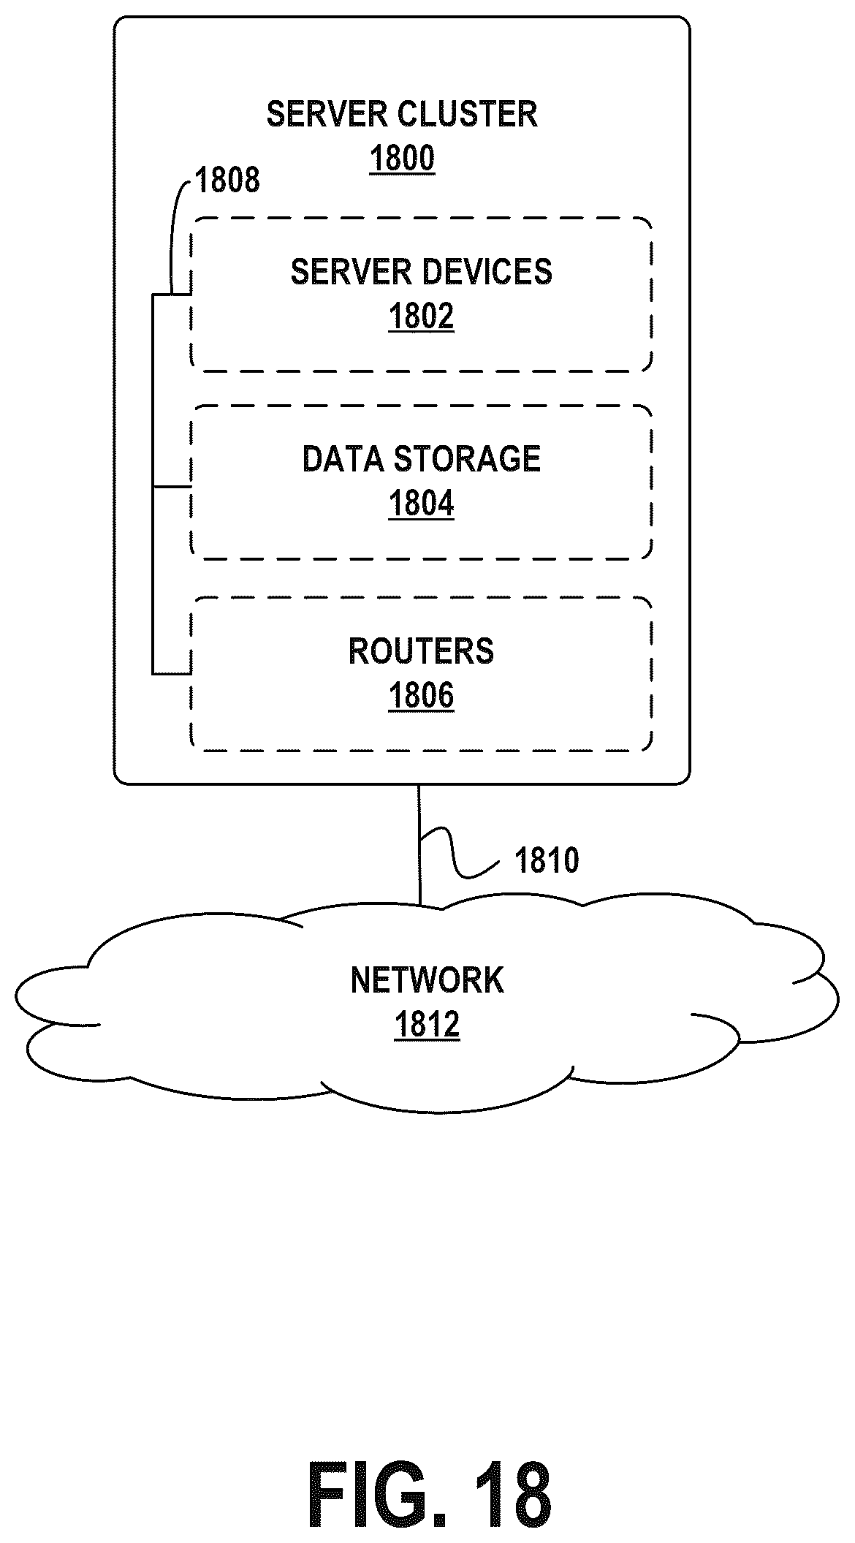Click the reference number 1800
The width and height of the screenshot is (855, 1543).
click(402, 159)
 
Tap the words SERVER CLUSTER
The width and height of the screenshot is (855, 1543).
click(402, 114)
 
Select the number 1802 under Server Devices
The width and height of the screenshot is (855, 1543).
click(421, 316)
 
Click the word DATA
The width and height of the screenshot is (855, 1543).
click(343, 459)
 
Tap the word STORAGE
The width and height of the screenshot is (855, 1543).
click(467, 459)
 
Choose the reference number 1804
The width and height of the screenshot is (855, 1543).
click(421, 504)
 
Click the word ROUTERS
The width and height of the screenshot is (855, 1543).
click(421, 651)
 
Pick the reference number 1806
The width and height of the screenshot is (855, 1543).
click(421, 696)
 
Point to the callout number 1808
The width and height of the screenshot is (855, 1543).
click(227, 180)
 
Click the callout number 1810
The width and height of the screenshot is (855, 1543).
click(547, 860)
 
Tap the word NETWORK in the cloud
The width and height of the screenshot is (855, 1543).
click(427, 980)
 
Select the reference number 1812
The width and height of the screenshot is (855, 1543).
click(427, 1025)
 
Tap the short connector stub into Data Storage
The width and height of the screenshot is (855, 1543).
click(172, 485)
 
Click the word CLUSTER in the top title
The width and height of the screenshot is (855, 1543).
click(468, 114)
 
